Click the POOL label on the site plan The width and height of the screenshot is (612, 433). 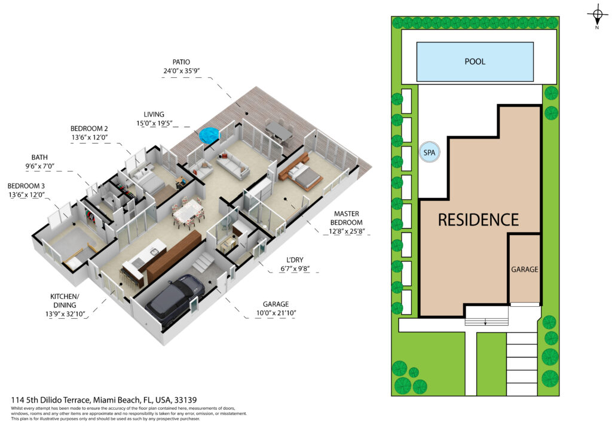click(x=475, y=62)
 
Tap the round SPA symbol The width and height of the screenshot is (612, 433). click(x=429, y=153)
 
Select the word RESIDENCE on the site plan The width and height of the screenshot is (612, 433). click(x=478, y=220)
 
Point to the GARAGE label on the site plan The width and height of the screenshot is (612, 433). click(x=525, y=269)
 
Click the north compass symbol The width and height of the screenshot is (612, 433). click(x=597, y=16)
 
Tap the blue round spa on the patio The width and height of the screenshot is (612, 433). click(x=210, y=135)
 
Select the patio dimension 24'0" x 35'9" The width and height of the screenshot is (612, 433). click(x=182, y=71)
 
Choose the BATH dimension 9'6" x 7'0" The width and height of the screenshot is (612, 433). click(x=39, y=166)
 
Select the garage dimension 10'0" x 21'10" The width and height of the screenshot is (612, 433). click(x=276, y=313)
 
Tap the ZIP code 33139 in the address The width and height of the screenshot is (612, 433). click(x=185, y=400)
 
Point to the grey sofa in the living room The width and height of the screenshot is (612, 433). click(x=233, y=166)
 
